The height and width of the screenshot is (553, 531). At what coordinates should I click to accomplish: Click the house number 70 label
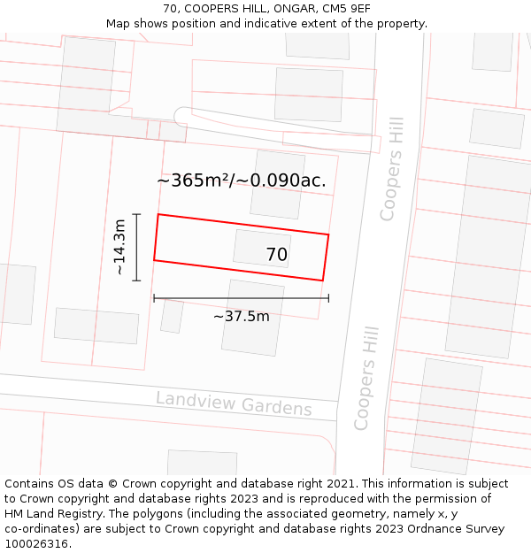[x=276, y=255]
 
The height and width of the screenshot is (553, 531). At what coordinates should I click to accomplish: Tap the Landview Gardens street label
[x=234, y=403]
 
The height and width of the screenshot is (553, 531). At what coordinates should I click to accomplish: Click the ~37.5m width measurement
[x=241, y=316]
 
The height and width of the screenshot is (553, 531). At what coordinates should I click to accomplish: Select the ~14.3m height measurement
[x=121, y=248]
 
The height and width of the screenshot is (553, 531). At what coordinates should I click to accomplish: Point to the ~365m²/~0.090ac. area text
[x=242, y=180]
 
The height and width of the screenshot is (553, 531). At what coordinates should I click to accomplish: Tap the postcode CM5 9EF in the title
[x=346, y=9]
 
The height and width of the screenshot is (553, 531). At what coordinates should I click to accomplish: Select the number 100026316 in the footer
[x=38, y=543]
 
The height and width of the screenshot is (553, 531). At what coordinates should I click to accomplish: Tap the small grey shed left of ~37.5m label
[x=172, y=317]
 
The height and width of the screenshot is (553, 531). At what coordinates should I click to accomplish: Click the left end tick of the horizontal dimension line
[x=154, y=298]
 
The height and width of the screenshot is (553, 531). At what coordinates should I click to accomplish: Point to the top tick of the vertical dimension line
[x=136, y=214]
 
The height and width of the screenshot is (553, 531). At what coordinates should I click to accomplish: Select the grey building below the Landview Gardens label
[x=202, y=462]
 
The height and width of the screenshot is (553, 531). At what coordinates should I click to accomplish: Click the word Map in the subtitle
[x=119, y=24]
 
